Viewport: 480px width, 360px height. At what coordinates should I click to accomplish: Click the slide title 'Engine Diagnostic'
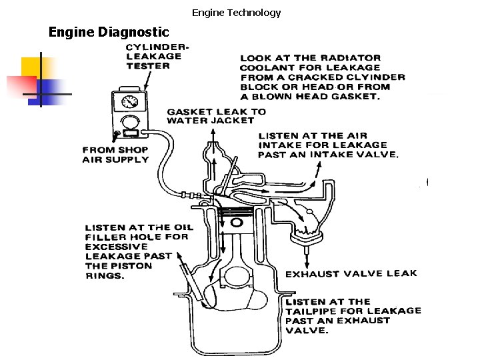coord(109,32)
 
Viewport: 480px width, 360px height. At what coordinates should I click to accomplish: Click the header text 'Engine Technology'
coord(237,13)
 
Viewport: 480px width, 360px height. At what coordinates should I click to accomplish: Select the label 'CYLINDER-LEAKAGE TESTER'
coord(157,56)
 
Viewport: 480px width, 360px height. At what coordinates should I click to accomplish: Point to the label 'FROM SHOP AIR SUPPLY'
coord(115,155)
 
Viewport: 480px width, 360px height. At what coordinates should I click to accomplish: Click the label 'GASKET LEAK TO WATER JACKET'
coord(216,116)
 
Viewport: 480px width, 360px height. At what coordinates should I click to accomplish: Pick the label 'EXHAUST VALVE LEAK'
coord(351,273)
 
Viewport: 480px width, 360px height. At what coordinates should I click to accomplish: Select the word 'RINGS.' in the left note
coord(105,275)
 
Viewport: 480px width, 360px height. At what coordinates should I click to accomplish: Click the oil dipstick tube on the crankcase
coord(190,277)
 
